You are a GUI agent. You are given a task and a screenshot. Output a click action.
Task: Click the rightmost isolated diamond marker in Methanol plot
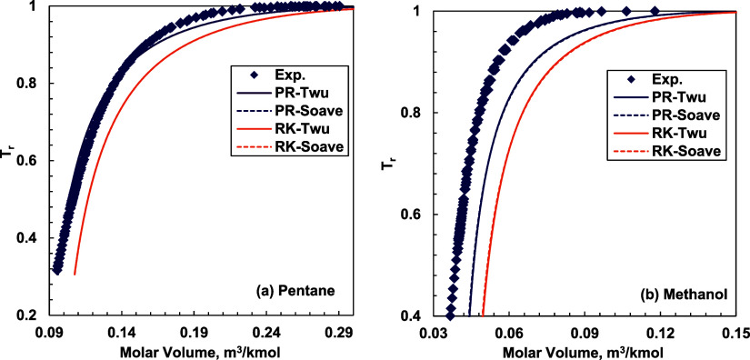point(654,12)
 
